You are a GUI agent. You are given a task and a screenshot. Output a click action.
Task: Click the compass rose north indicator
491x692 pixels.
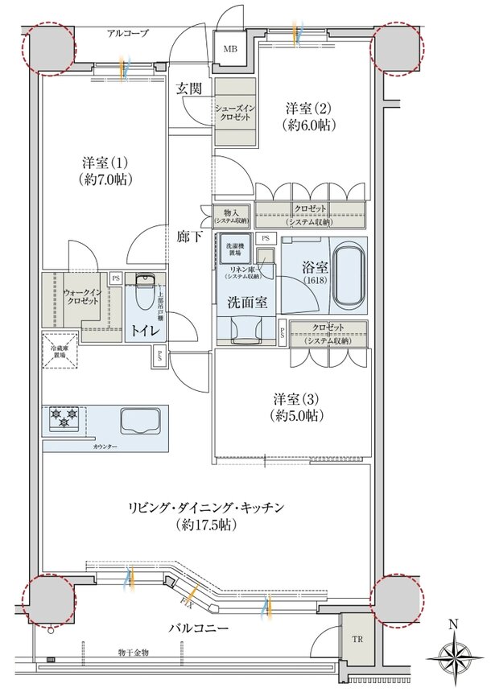pos(455,653)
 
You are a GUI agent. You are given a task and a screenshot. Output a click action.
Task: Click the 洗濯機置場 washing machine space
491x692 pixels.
pos(236,249)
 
